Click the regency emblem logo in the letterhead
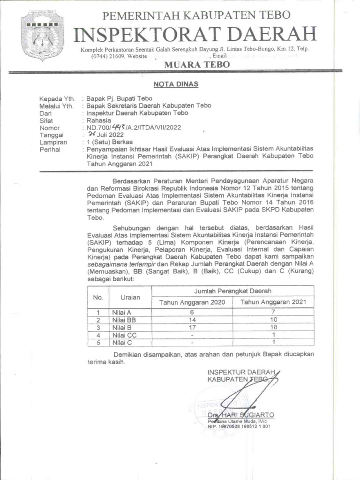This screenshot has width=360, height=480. [43, 39]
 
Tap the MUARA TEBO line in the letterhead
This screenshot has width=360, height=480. [196, 65]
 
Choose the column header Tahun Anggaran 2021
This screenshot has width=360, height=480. [273, 302]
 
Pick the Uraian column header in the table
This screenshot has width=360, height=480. [130, 297]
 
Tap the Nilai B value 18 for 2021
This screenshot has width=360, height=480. [273, 327]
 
